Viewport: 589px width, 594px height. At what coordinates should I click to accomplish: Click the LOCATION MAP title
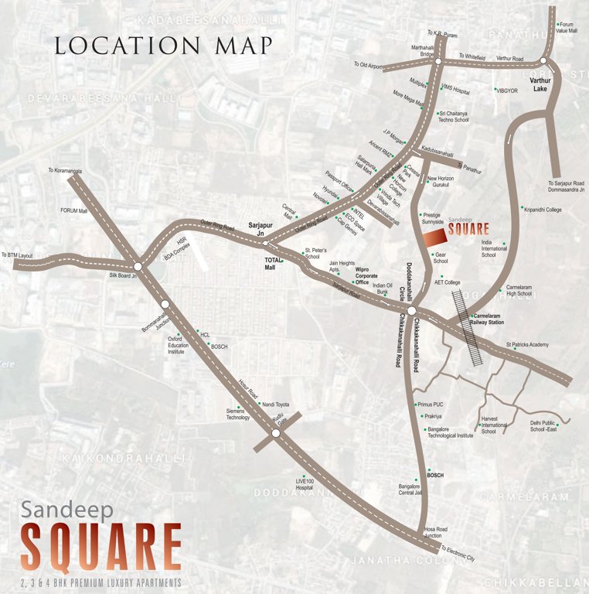pos(163,45)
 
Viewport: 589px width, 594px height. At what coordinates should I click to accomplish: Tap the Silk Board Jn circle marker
pos(138,266)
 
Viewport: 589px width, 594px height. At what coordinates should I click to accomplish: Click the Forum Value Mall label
pos(568,27)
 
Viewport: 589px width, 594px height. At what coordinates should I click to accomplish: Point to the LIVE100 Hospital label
pos(304,485)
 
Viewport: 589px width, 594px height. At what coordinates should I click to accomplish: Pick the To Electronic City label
pos(461,552)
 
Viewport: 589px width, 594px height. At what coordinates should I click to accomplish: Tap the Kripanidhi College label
pos(545,209)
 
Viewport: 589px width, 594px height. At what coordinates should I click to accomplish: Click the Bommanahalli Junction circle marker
pos(165,304)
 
